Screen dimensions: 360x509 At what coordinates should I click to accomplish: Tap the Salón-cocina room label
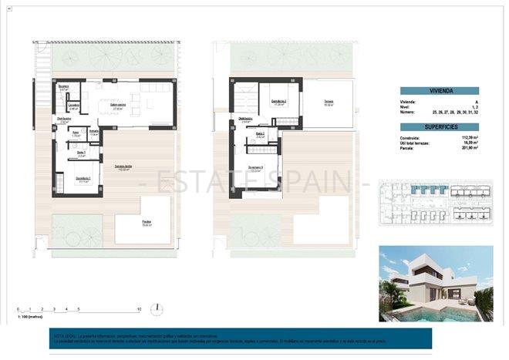(x=118, y=108)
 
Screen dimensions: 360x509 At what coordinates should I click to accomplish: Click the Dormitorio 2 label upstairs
(x=278, y=102)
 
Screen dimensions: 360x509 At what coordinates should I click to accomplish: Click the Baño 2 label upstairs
(x=260, y=135)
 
